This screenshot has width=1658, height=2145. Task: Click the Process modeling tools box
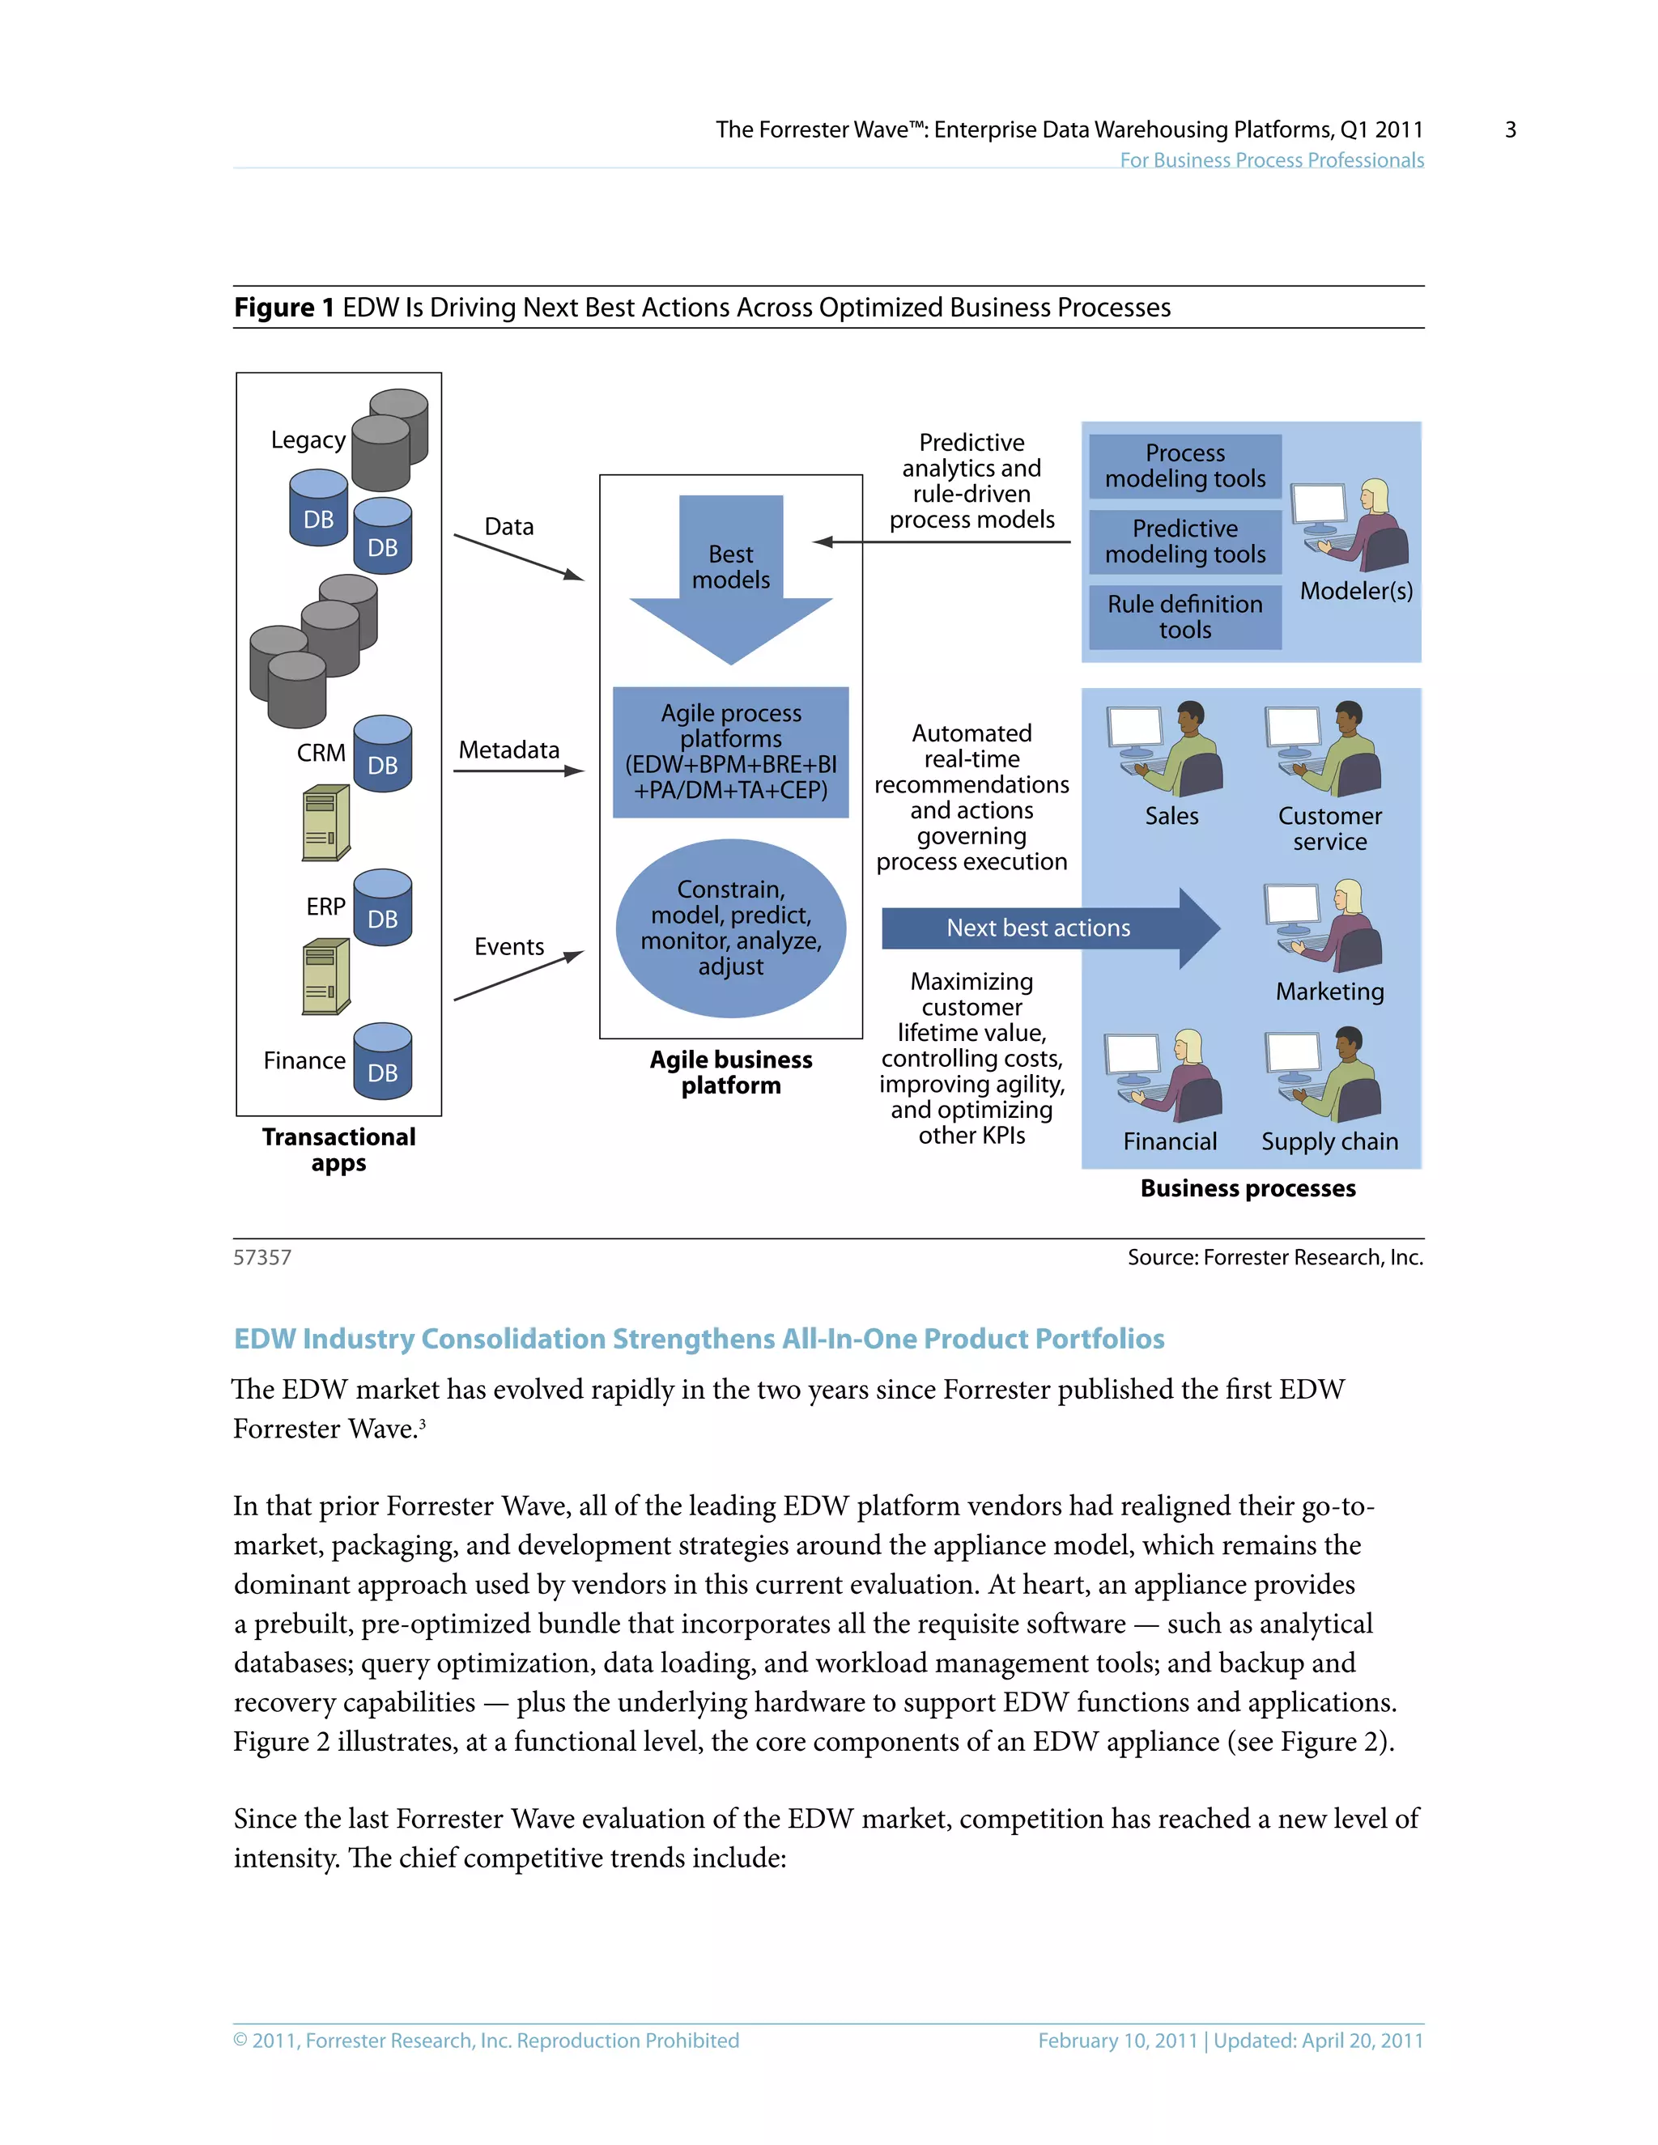(x=1184, y=466)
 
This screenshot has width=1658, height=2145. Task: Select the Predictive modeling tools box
(x=1184, y=542)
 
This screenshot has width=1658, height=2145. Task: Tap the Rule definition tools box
(x=1184, y=617)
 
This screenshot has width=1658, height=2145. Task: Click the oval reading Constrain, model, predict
(x=731, y=928)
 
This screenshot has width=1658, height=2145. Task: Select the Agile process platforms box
(x=731, y=752)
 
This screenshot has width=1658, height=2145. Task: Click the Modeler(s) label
(x=1355, y=591)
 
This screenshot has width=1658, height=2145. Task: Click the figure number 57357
(x=262, y=1257)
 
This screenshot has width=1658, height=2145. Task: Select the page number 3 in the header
(x=1510, y=130)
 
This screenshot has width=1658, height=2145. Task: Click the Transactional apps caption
(x=339, y=1149)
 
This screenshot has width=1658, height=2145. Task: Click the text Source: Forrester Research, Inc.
(x=1275, y=1257)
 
